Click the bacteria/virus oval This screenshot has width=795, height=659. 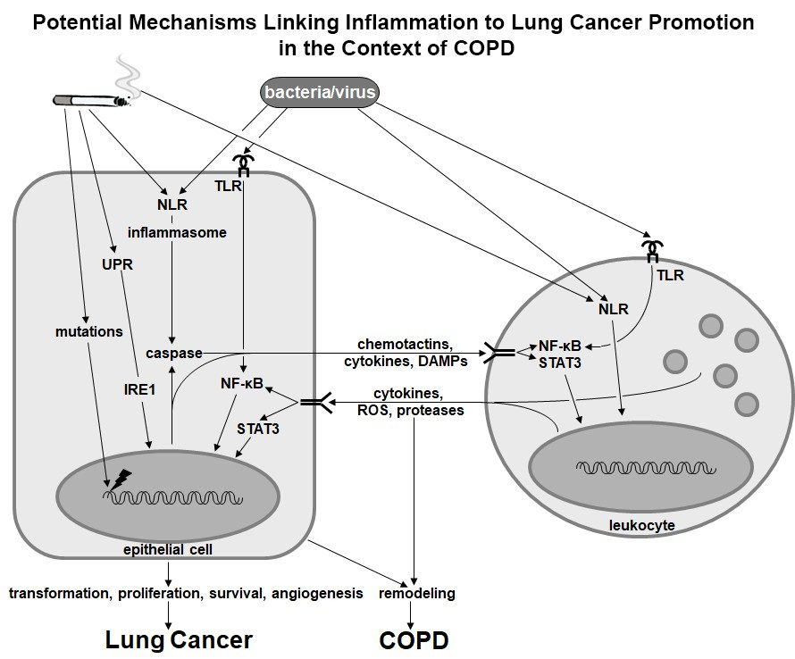coord(319,92)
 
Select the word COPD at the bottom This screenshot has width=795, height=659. coord(414,639)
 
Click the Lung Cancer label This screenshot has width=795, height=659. coord(179,639)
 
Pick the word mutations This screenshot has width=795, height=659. coord(88,331)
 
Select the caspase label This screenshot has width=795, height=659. coord(178,353)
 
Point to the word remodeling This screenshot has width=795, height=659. coord(418,593)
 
